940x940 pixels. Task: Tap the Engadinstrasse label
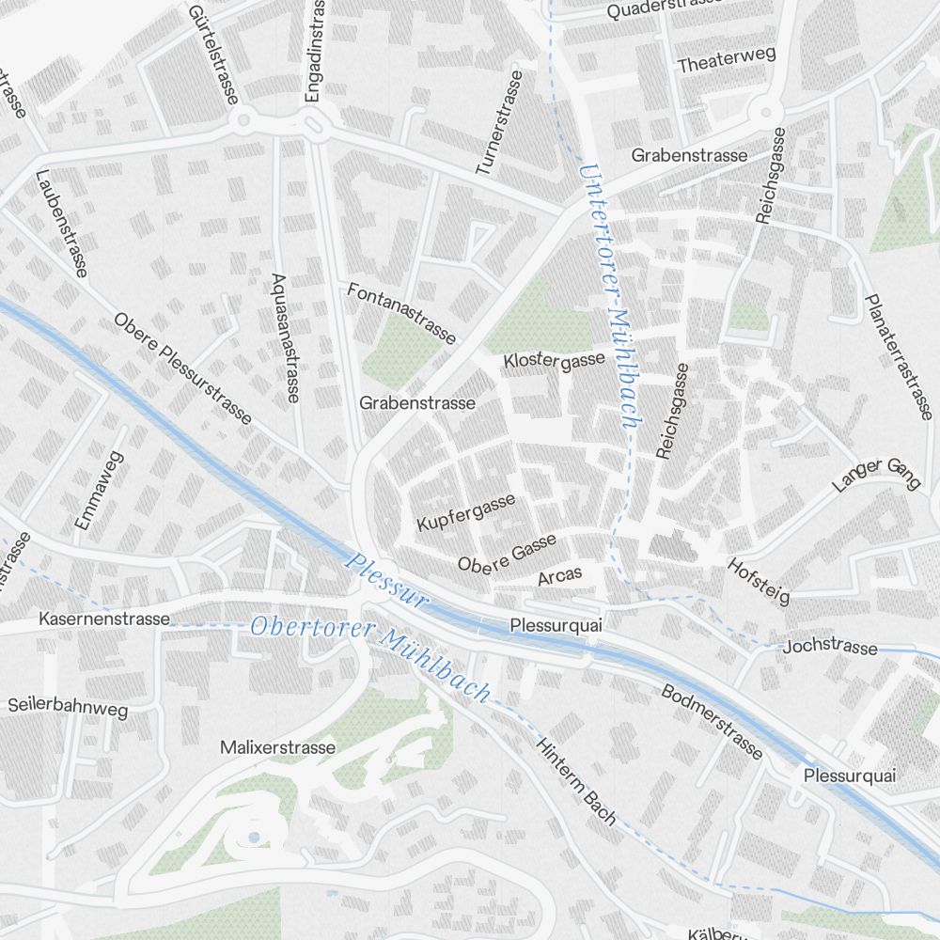[x=313, y=52]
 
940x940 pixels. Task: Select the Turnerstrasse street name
[x=498, y=122]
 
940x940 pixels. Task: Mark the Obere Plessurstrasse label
[x=183, y=368]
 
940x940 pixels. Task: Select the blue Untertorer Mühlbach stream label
[x=609, y=297]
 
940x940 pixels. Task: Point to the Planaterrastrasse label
[x=899, y=356]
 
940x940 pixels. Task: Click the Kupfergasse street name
[x=466, y=510]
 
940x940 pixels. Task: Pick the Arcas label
[x=560, y=575]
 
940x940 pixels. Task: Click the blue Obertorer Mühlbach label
[x=370, y=659]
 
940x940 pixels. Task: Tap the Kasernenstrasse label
[x=104, y=619]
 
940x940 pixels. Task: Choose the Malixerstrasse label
[x=277, y=747]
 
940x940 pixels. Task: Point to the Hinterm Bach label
[x=576, y=781]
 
